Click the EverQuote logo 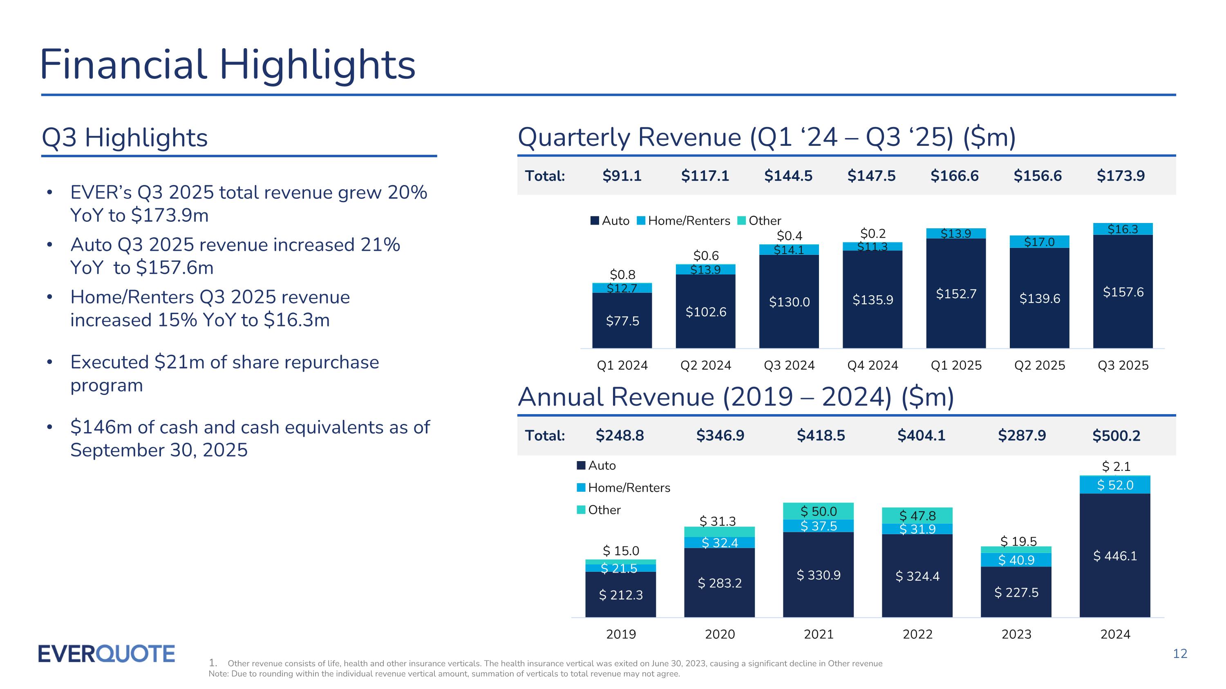[106, 654]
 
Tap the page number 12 [1180, 654]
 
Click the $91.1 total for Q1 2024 [622, 176]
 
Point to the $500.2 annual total [1116, 435]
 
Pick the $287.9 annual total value [1022, 435]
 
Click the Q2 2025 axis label [1039, 365]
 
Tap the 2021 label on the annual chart [819, 634]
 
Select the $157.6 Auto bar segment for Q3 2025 [1123, 292]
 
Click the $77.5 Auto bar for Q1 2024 [622, 321]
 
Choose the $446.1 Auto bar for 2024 [1114, 555]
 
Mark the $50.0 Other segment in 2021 [818, 511]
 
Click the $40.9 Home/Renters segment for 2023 [1016, 560]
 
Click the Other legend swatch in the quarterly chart [741, 221]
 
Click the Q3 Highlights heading [125, 138]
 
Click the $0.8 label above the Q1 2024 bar [622, 274]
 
